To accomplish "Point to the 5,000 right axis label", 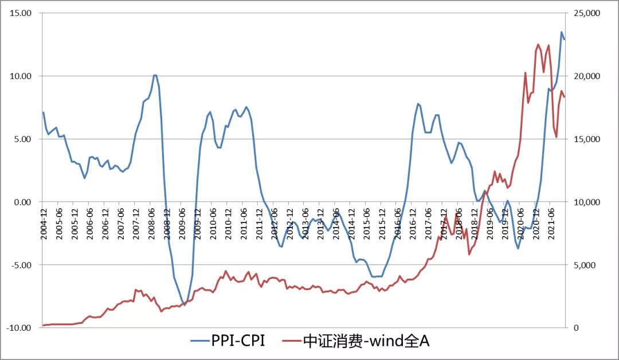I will pos(585,265).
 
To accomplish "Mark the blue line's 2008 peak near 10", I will pos(155,75).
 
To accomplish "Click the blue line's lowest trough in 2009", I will pos(184,305).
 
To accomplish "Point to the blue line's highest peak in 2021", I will pos(562,32).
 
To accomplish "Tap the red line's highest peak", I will pos(538,44).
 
